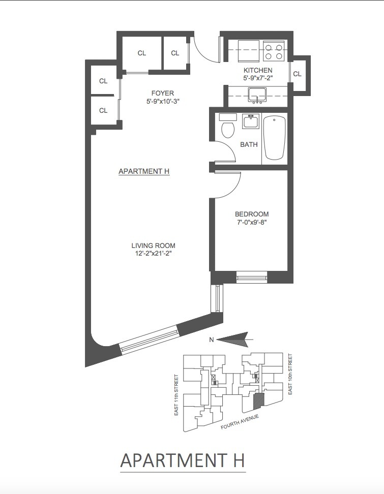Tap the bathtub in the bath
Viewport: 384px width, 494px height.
[x=275, y=138]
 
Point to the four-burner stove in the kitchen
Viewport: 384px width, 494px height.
[x=275, y=51]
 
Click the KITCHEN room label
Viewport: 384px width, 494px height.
[x=258, y=71]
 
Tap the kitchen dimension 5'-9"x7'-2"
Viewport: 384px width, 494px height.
[x=258, y=79]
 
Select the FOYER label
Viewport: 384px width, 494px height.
[x=163, y=93]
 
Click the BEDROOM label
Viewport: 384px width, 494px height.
[x=252, y=214]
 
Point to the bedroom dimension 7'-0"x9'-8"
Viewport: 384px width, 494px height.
[x=252, y=222]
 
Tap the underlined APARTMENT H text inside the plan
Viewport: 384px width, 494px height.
[x=144, y=172]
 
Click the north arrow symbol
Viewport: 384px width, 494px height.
[x=234, y=338]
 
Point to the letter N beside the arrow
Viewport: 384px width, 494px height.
[x=211, y=341]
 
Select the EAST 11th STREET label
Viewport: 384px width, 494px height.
[x=176, y=395]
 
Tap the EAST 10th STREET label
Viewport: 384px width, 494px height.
[x=291, y=374]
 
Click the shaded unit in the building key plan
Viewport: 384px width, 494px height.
[x=259, y=401]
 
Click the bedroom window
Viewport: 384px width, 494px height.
[x=252, y=277]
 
